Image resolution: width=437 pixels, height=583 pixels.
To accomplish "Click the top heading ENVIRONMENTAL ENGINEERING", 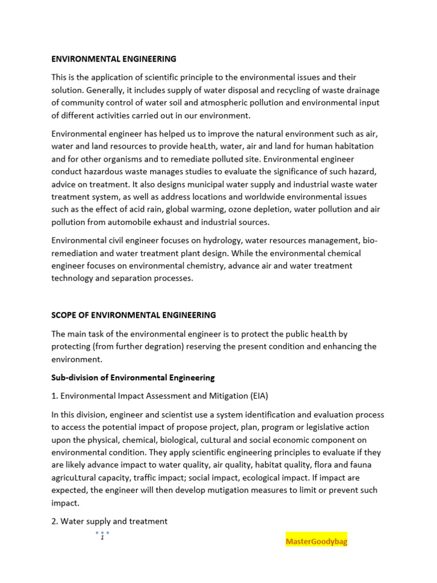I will tap(114, 59).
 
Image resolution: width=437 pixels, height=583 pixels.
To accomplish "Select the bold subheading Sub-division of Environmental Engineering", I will tap(133, 377).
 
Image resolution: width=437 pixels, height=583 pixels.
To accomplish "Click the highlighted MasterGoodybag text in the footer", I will tap(316, 541).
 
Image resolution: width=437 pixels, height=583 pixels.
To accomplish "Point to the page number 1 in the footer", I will tap(102, 538).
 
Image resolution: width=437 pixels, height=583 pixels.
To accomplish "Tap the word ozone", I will tap(235, 209).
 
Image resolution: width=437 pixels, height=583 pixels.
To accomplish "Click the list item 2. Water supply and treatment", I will tap(109, 521).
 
